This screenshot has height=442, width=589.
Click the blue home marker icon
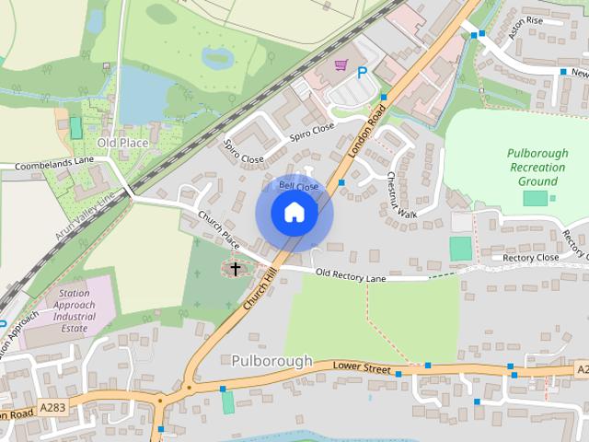(x=294, y=213)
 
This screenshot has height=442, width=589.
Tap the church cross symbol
(x=235, y=269)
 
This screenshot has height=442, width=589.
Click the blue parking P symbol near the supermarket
(x=362, y=72)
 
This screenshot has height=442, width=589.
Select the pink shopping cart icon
(x=341, y=65)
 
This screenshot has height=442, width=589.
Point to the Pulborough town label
(x=272, y=361)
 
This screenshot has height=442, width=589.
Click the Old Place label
(x=122, y=144)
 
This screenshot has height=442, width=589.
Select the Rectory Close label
(x=531, y=258)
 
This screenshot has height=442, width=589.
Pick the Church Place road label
(x=219, y=229)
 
